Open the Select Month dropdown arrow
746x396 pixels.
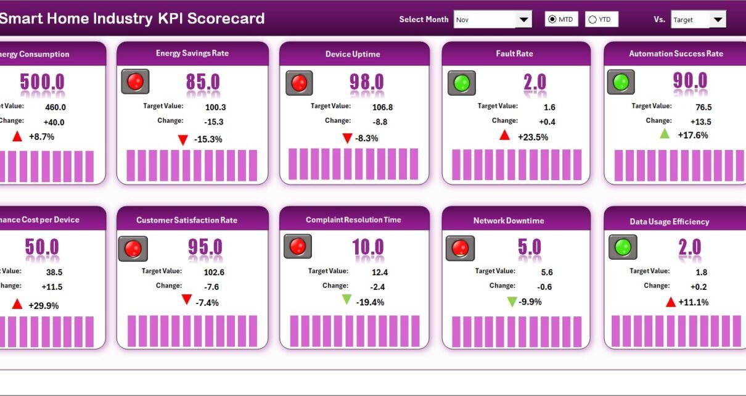(x=523, y=20)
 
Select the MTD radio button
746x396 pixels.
(x=552, y=20)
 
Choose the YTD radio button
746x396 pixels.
(x=592, y=20)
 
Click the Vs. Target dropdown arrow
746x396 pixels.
(x=717, y=20)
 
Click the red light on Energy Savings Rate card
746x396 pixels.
(x=135, y=81)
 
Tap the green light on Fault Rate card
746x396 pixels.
(x=461, y=83)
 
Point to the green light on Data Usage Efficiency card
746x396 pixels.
(x=623, y=247)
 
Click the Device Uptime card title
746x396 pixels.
(x=353, y=54)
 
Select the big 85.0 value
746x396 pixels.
(x=203, y=82)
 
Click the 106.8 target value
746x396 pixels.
(x=381, y=107)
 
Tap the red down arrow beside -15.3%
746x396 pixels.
(x=182, y=140)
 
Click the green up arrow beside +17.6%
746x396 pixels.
(x=665, y=134)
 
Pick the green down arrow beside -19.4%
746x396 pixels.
(x=347, y=300)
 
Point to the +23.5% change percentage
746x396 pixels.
(x=533, y=137)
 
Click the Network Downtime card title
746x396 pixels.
(x=509, y=220)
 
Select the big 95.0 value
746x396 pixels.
(x=205, y=247)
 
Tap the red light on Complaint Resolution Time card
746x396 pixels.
(x=297, y=246)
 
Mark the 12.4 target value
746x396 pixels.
(x=380, y=272)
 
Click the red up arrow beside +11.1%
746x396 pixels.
(x=671, y=302)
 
